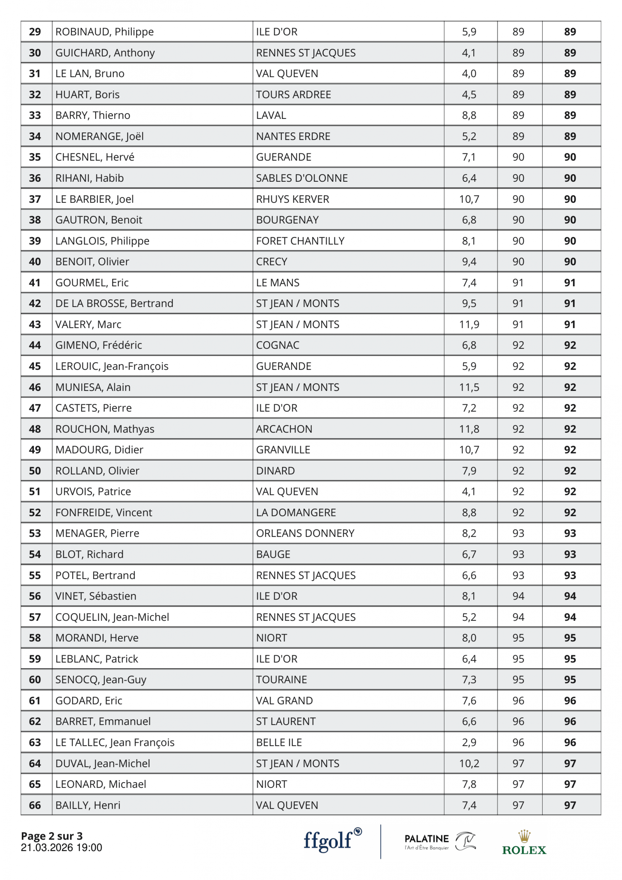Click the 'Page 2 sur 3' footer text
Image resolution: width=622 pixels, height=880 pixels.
[x=52, y=836]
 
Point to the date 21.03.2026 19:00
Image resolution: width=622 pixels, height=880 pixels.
[x=61, y=847]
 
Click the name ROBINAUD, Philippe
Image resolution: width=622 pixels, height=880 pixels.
[x=104, y=32]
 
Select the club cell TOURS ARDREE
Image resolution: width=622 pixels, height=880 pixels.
[x=294, y=95]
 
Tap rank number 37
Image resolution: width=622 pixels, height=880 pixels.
[x=35, y=199]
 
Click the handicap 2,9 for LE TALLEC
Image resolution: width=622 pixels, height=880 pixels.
[x=469, y=742]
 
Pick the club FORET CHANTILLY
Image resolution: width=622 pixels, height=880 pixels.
[x=300, y=241]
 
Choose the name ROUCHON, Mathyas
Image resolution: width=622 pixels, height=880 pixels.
[x=105, y=429]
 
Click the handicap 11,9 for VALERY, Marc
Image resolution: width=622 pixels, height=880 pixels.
[x=469, y=325]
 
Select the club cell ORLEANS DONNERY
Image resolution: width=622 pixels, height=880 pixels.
[x=305, y=533]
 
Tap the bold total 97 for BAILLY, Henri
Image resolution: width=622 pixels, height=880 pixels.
[x=570, y=805]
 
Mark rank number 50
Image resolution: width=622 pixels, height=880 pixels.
[x=35, y=471]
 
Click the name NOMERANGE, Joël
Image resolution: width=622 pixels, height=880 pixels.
[x=99, y=136]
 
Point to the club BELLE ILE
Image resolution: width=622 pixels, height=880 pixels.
[x=279, y=742]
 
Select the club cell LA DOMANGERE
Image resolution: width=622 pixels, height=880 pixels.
[x=296, y=512]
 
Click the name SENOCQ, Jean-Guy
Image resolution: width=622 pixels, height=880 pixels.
[x=101, y=680]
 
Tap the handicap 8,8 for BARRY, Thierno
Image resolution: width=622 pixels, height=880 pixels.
[x=469, y=115]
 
